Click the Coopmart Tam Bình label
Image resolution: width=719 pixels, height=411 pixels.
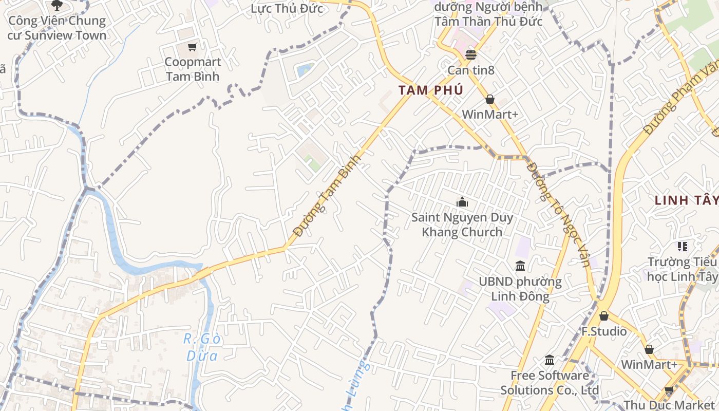(x=193, y=69)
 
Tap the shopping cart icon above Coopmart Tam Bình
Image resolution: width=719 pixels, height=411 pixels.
(x=193, y=47)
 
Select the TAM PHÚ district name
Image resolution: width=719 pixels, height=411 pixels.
(x=431, y=90)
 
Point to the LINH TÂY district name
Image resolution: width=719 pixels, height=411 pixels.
(x=686, y=200)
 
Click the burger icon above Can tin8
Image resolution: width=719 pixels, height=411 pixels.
(x=471, y=54)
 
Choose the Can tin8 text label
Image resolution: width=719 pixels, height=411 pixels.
(x=471, y=70)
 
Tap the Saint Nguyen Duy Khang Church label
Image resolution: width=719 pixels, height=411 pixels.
(x=462, y=225)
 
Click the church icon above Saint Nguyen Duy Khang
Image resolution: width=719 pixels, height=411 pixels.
(x=462, y=202)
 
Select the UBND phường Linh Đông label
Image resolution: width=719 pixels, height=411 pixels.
(x=520, y=289)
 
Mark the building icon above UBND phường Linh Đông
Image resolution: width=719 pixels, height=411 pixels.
(x=520, y=266)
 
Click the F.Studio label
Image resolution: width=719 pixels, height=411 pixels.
(x=604, y=331)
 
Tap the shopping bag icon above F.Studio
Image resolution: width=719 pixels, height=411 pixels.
(x=604, y=315)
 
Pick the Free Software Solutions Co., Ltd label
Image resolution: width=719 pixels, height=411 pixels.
(x=550, y=383)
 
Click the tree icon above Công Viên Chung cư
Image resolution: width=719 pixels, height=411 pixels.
(x=57, y=5)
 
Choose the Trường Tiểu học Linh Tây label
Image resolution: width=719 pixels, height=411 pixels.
(x=682, y=269)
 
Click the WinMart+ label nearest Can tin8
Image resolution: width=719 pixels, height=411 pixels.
(x=490, y=114)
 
